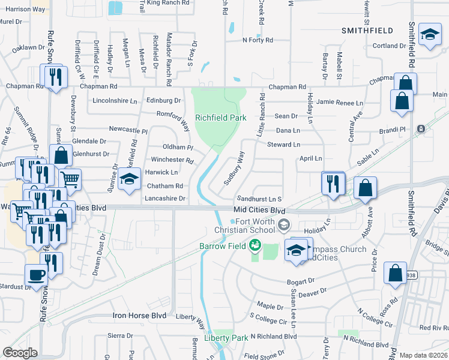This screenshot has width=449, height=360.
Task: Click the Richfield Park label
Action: pos(220,118)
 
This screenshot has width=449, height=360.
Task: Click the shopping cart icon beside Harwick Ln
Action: pos(70,178)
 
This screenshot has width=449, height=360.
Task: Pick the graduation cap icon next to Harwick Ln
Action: pos(129,179)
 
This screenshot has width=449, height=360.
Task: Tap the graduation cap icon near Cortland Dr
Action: pos(430,35)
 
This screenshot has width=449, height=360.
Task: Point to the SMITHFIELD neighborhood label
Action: pos(367,30)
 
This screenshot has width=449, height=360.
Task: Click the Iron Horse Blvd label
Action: pos(139,315)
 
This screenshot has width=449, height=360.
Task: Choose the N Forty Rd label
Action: pos(258,40)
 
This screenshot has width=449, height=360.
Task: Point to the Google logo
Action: pos(20,353)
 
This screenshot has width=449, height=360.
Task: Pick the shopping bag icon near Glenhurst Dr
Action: pos(61,155)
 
